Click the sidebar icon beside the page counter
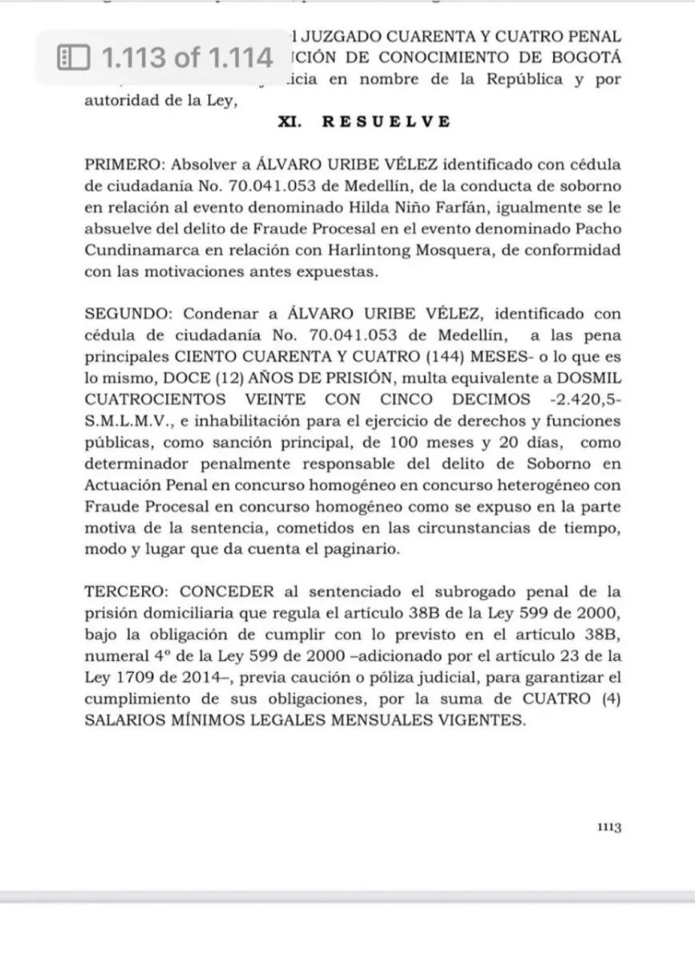click(x=72, y=58)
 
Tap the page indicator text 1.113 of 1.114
click(x=185, y=58)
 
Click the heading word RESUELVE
click(x=386, y=122)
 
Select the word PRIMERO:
click(x=122, y=165)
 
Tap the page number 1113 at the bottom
click(x=609, y=827)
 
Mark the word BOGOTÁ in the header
click(x=586, y=58)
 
